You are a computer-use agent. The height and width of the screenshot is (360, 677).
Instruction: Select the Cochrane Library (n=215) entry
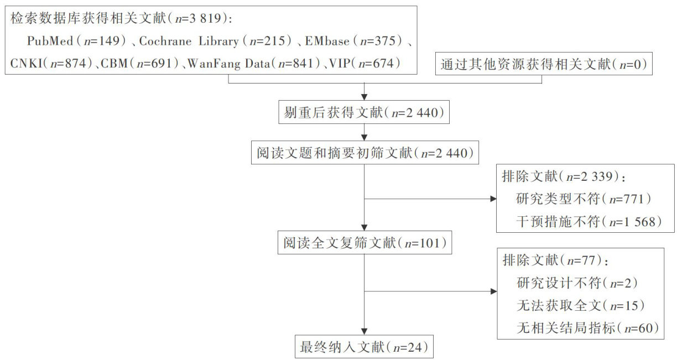(218, 42)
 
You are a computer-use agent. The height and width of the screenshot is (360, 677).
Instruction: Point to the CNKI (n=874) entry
(51, 64)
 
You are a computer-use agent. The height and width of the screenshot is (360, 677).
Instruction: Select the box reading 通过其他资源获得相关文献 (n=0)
(544, 65)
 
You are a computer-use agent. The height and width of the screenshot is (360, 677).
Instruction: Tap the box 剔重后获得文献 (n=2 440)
(364, 113)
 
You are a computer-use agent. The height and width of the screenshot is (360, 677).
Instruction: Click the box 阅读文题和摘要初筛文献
(364, 153)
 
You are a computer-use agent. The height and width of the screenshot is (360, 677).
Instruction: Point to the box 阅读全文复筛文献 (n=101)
(364, 243)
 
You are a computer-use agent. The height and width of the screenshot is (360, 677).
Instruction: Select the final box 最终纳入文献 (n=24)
(364, 347)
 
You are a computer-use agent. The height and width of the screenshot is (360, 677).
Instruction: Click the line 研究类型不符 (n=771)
(580, 199)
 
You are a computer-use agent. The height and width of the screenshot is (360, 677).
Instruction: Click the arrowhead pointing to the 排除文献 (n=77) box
(493, 292)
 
